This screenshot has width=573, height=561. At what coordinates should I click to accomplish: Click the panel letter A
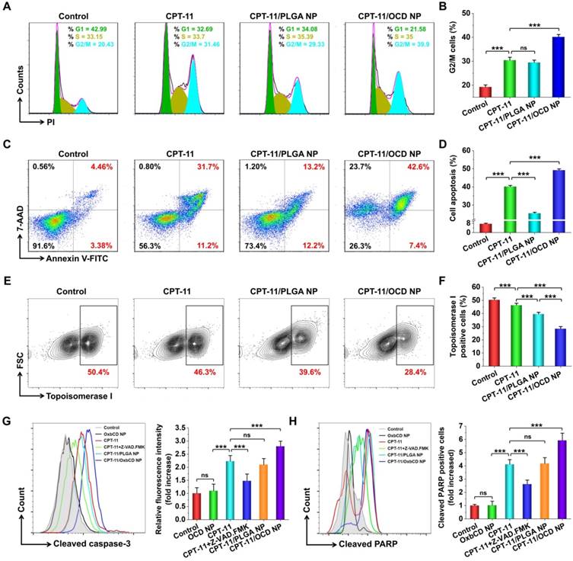pos(7,8)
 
